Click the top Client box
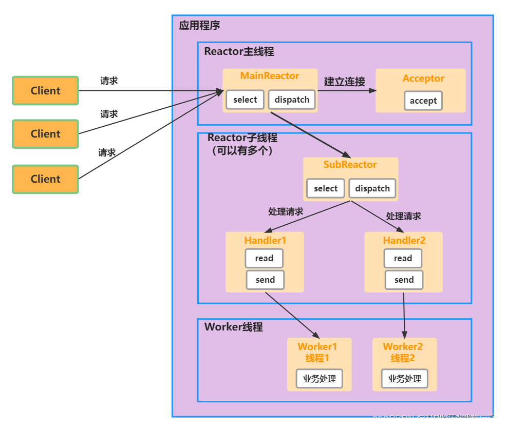tap(46, 91)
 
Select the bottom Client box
tap(46, 179)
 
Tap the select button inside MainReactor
tap(245, 100)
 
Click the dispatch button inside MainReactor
tap(292, 100)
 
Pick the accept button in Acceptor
tap(423, 101)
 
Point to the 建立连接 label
tap(345, 82)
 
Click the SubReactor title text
tap(350, 165)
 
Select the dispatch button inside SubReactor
tap(372, 188)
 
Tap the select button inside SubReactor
tap(326, 188)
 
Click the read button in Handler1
tap(264, 258)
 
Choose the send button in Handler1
tap(265, 280)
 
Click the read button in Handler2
tap(403, 258)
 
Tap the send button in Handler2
tap(404, 280)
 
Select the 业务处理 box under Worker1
tap(319, 379)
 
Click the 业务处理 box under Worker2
tap(404, 379)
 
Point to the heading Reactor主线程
tap(239, 52)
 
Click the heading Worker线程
tap(233, 327)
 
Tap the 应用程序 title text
tap(199, 26)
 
